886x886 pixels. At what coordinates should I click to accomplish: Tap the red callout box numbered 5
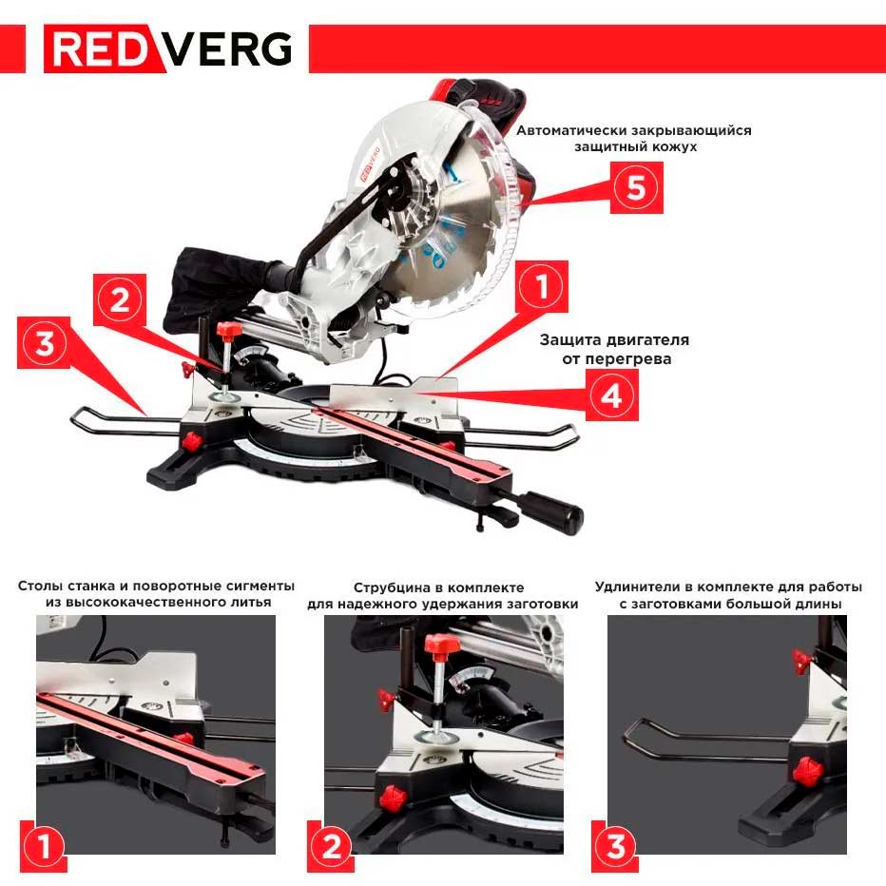634,186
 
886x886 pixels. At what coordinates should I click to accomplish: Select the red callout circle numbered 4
610,395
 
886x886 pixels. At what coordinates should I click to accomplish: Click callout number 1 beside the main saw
542,286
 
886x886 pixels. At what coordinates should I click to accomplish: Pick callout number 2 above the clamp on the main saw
120,301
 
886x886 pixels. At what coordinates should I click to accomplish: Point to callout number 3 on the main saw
44,345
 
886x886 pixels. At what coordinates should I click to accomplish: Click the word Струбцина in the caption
391,587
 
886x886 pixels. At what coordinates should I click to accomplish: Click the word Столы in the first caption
39,587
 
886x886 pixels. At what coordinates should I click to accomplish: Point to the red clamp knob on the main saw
227,331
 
